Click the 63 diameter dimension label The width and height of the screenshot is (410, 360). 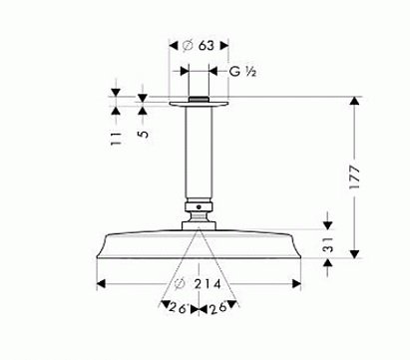click(206, 44)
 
